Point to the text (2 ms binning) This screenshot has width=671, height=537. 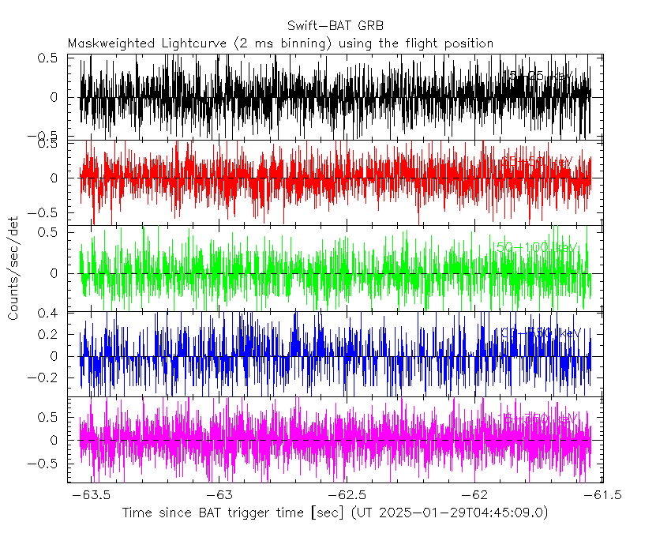pos(276,43)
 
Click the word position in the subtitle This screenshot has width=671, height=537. pos(467,43)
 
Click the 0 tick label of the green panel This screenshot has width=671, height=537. pos(52,273)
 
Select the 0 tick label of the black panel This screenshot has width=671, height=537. pos(52,97)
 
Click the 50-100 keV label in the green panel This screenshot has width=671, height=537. pos(537,247)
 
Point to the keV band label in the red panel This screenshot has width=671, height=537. pos(537,162)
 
